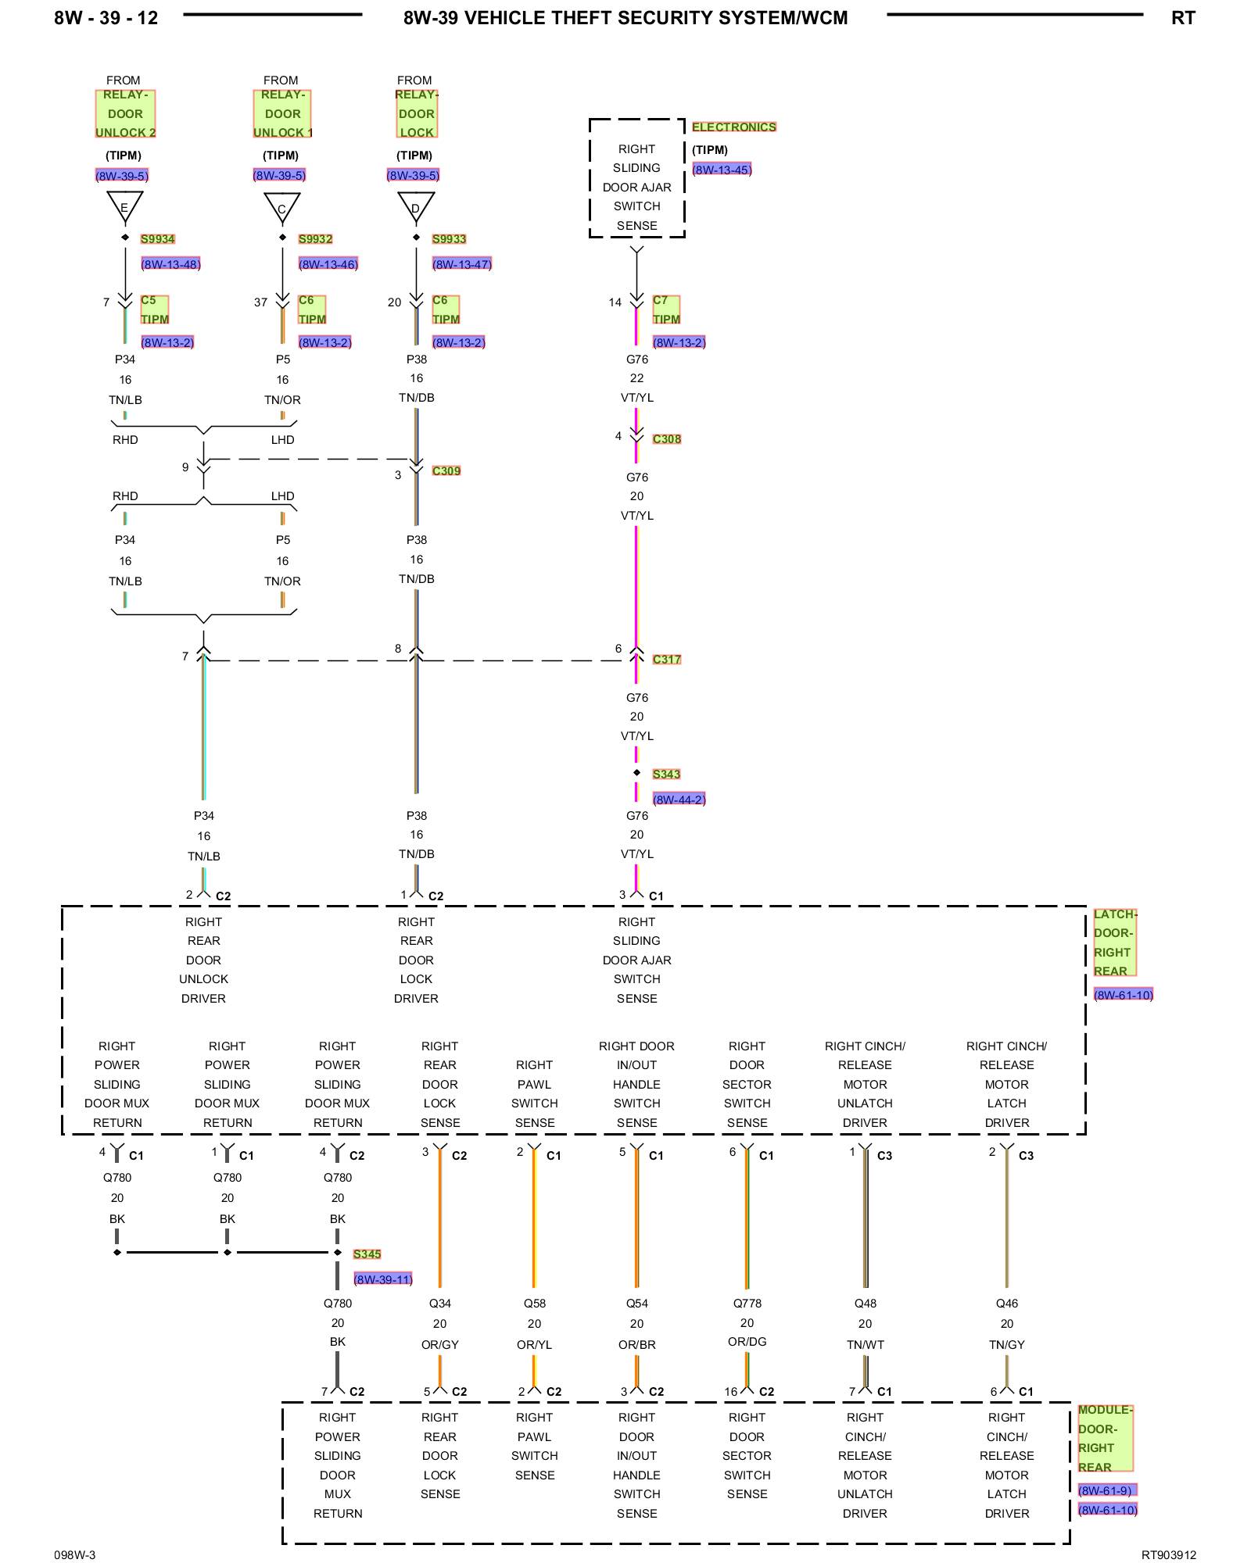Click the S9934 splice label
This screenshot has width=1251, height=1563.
[x=158, y=239]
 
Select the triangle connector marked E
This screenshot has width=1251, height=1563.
[x=125, y=206]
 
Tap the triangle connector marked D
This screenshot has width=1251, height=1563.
[x=416, y=206]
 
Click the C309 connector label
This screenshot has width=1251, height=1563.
[x=446, y=470]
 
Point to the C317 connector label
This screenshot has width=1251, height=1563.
[x=667, y=660]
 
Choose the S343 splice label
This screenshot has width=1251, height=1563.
[x=667, y=774]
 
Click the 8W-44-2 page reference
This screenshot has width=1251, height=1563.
[x=679, y=799]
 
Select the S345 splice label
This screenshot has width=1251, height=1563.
[x=367, y=1254]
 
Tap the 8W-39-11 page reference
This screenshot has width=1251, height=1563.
[x=383, y=1279]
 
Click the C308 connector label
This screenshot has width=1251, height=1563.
[x=667, y=439]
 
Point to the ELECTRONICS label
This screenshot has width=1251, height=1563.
[x=734, y=127]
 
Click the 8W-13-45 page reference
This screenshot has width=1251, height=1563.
[x=722, y=170]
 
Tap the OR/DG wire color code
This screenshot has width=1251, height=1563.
[x=747, y=1342]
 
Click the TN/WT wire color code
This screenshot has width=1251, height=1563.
[x=866, y=1345]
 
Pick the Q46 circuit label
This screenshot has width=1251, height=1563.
[x=1007, y=1304]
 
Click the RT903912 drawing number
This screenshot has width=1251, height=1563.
[x=1169, y=1555]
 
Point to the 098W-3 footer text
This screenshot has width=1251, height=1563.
[x=75, y=1555]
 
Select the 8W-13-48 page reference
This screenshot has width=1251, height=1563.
[x=170, y=264]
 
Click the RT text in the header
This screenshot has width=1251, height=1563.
[x=1183, y=18]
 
